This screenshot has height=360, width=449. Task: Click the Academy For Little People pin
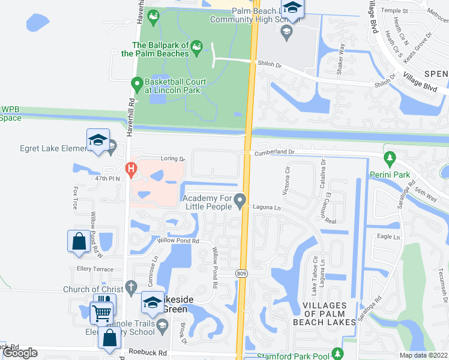(x=241, y=200)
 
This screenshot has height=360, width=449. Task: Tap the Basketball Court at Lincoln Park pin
(x=137, y=83)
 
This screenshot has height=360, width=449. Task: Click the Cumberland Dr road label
(x=274, y=152)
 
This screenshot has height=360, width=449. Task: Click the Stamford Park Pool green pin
(x=338, y=353)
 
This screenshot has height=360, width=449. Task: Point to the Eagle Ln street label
(x=388, y=237)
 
